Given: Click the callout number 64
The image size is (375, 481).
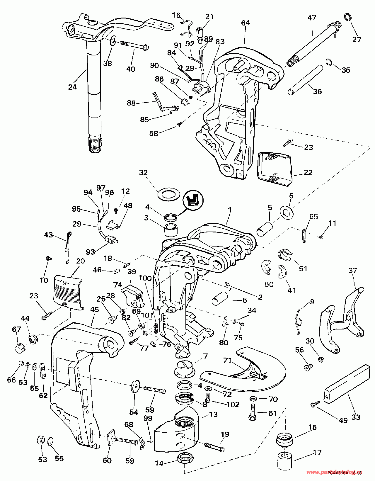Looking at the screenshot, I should (246, 23).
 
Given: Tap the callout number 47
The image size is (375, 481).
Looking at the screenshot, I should (312, 18).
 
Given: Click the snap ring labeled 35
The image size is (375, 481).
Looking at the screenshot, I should (329, 62).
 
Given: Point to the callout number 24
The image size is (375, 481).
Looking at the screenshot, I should (72, 87).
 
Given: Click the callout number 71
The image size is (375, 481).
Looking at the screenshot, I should (228, 361).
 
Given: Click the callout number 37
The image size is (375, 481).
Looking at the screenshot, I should (352, 270).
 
